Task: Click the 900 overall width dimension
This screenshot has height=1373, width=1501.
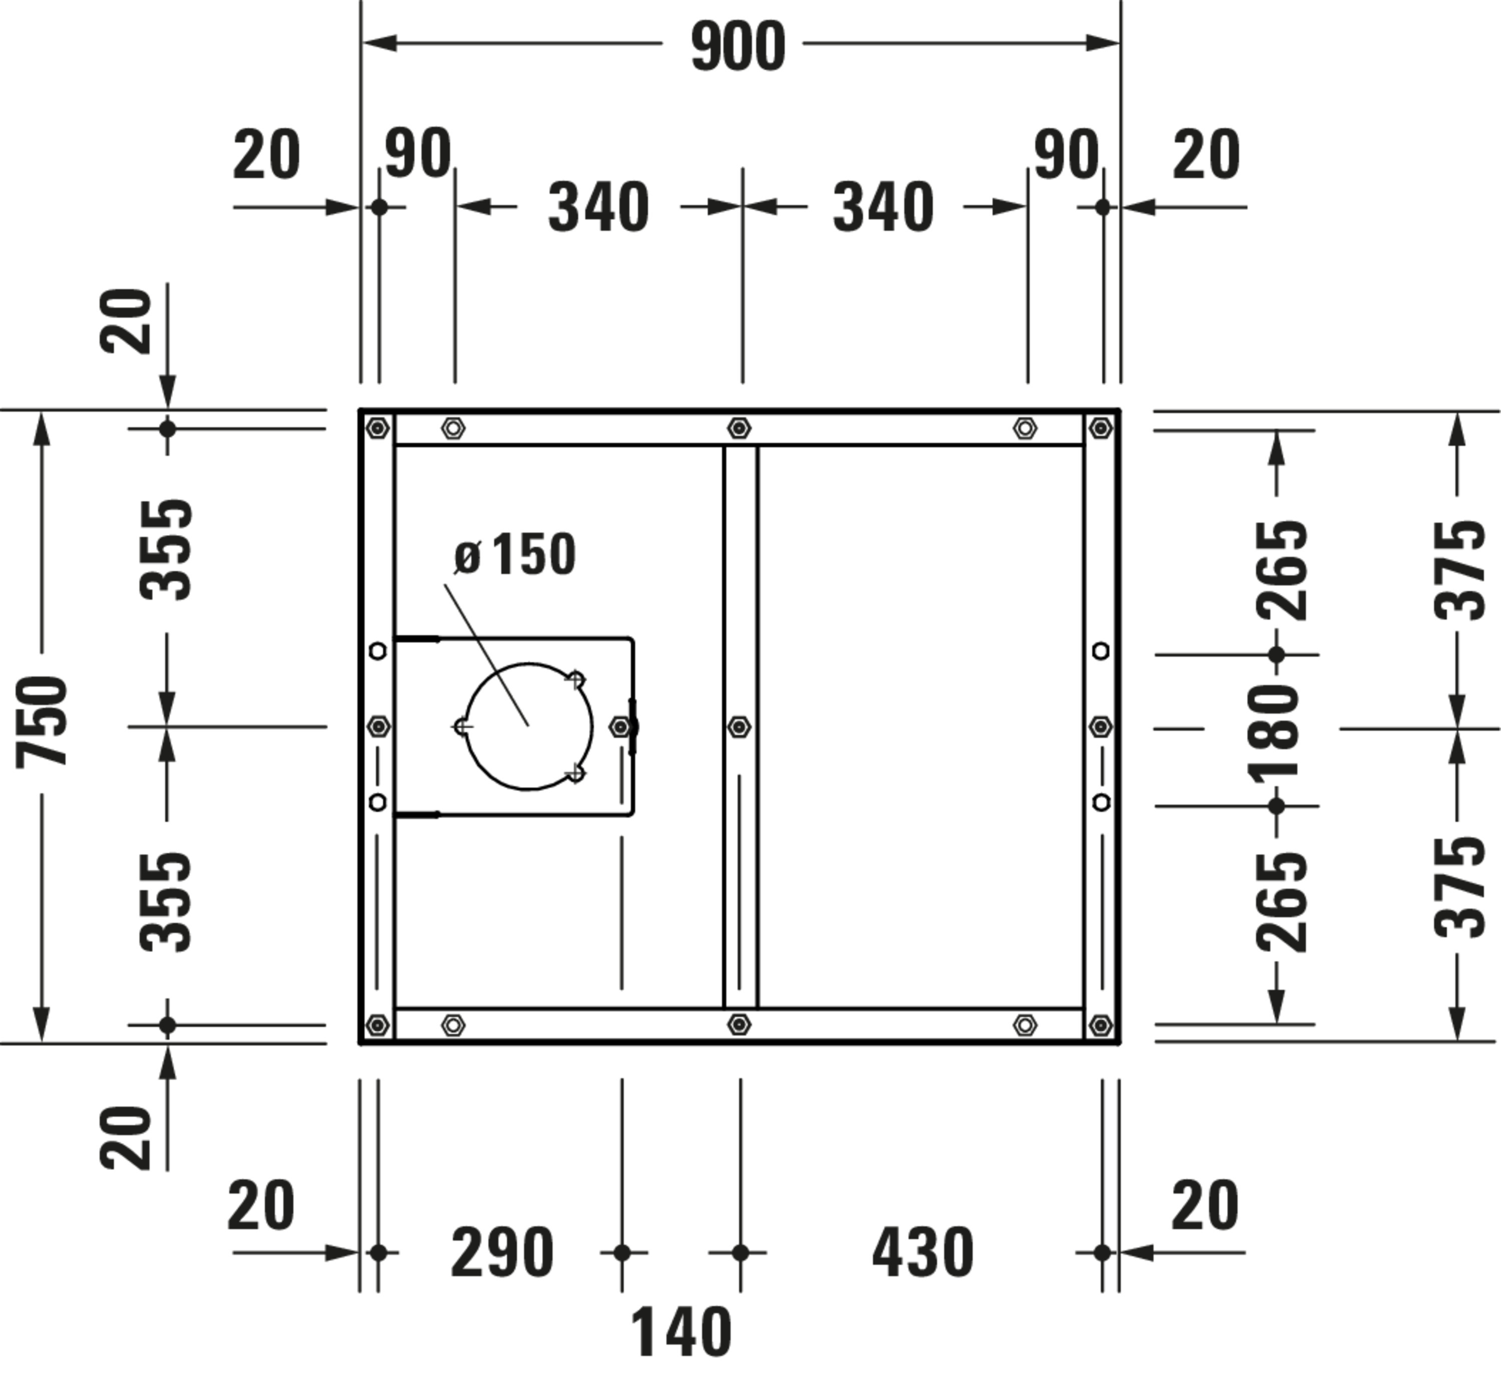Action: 738,47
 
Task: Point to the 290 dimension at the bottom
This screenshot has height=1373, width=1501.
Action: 502,1252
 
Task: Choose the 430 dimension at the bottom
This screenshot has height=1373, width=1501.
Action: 923,1252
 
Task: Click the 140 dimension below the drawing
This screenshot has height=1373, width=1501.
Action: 681,1332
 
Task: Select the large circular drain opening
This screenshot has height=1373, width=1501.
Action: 529,726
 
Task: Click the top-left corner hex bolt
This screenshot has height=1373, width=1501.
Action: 378,428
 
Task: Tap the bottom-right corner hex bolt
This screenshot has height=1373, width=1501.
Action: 1100,1025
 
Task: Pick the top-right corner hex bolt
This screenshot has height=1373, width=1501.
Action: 1100,428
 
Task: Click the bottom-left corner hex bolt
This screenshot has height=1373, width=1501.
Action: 378,1025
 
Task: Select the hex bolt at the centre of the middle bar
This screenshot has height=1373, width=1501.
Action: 738,727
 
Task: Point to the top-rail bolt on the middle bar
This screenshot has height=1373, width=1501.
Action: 738,428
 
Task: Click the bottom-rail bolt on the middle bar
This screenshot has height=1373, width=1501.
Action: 738,1025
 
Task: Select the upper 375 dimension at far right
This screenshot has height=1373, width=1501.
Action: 1459,570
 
